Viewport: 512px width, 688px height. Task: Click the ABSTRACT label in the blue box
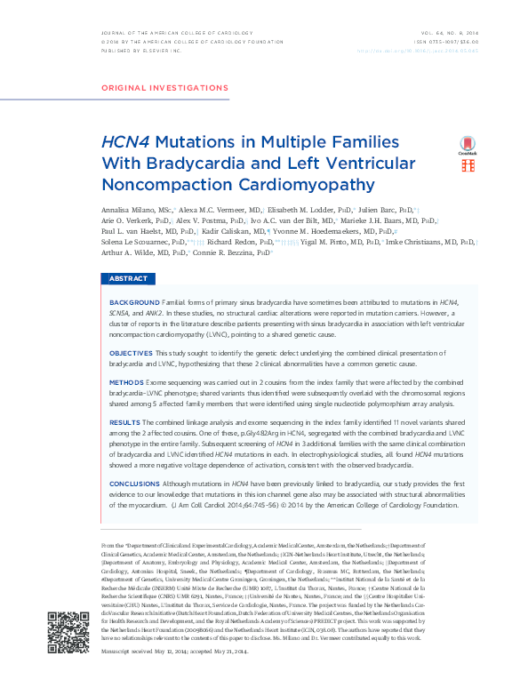click(x=128, y=279)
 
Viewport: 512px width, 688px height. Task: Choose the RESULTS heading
click(x=124, y=422)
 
